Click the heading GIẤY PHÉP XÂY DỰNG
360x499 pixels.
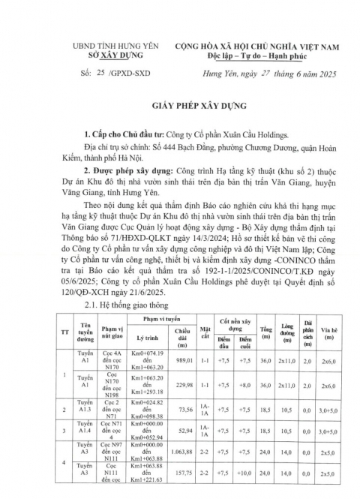point(179,107)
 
